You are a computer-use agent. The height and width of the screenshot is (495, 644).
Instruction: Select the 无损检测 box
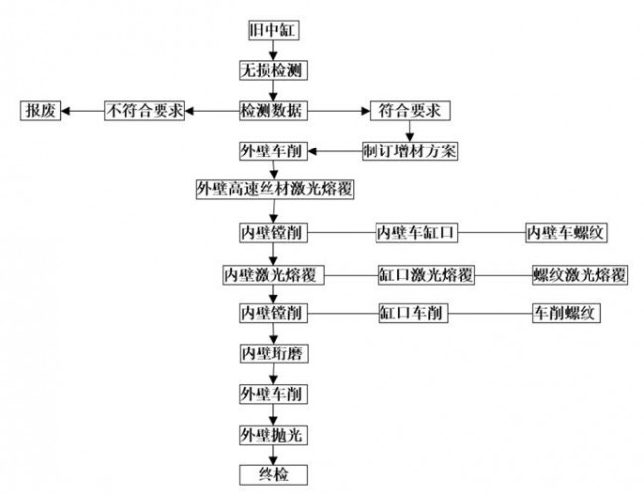click(x=271, y=71)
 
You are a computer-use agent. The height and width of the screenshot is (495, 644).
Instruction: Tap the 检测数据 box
click(x=271, y=111)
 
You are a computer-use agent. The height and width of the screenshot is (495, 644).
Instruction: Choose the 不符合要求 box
click(x=144, y=111)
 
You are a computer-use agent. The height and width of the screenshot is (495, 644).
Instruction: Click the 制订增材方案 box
click(x=410, y=150)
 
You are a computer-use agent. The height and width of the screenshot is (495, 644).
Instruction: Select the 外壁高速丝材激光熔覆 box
click(x=275, y=189)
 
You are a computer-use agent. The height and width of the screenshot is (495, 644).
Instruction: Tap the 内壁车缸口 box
click(x=416, y=233)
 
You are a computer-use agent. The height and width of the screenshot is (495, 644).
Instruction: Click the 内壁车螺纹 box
click(x=566, y=233)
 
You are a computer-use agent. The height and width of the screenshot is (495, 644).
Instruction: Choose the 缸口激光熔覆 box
click(x=424, y=273)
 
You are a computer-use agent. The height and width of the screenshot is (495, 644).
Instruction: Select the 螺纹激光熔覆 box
click(x=579, y=273)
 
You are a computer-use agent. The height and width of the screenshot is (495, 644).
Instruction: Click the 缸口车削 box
click(x=414, y=313)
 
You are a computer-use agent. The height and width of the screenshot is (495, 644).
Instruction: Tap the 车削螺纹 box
click(x=567, y=313)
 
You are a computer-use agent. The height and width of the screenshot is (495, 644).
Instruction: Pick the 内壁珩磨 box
click(x=271, y=353)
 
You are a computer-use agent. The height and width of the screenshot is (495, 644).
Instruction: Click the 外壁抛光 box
click(x=271, y=435)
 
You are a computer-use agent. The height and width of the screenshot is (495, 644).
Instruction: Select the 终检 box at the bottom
click(x=271, y=474)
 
